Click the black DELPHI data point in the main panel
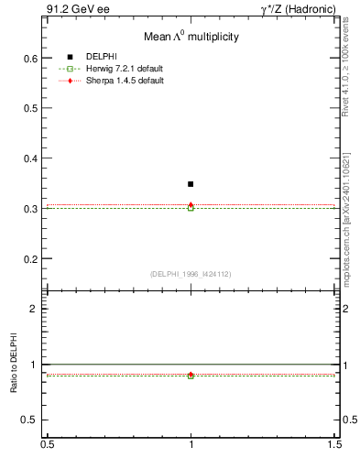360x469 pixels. coord(191,184)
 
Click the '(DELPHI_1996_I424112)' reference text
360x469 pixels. coord(191,274)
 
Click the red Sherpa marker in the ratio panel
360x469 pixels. coord(191,374)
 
